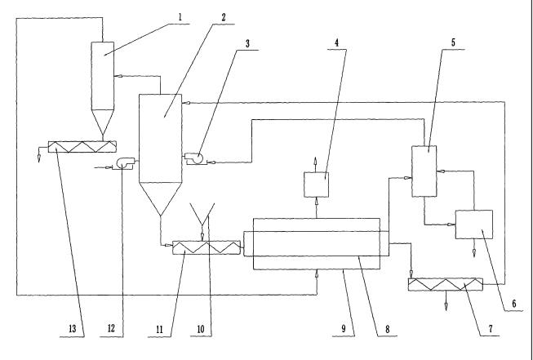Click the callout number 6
click(x=514, y=304)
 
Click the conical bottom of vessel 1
click(x=104, y=122)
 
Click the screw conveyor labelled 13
click(x=82, y=147)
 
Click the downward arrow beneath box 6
click(x=475, y=251)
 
